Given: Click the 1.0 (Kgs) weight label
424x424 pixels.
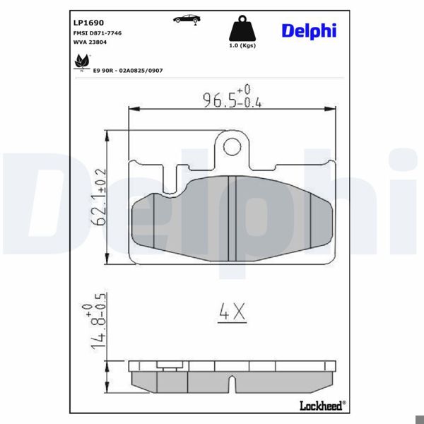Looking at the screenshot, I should click(242, 47).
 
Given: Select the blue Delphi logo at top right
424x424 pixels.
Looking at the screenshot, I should click(309, 30).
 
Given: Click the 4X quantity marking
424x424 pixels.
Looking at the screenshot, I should click(230, 312).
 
